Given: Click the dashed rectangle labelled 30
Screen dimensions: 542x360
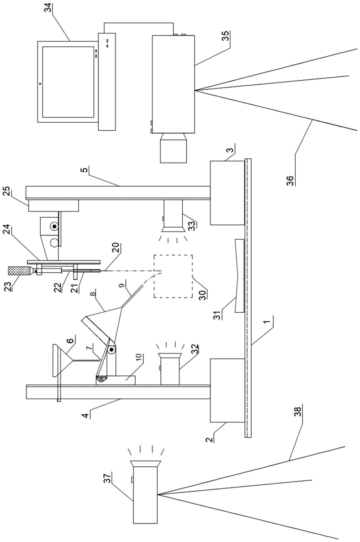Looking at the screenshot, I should [173, 276].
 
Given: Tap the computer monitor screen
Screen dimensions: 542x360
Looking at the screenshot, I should [68, 82].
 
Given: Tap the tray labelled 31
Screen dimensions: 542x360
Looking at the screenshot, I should [240, 275].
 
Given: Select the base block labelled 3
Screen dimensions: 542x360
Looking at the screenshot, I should [227, 192].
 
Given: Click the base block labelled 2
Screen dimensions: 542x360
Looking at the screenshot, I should [227, 389].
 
